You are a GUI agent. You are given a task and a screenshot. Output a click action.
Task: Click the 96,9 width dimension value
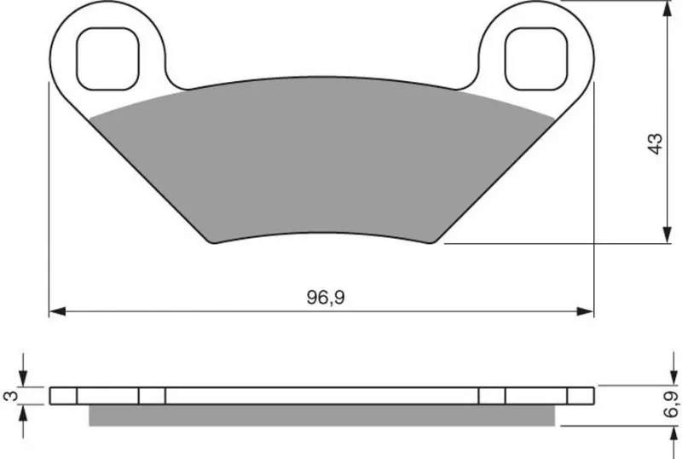(x=326, y=298)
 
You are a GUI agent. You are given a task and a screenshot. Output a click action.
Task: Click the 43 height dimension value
(x=655, y=143)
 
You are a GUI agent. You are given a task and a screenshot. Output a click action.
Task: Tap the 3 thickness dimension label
(x=12, y=395)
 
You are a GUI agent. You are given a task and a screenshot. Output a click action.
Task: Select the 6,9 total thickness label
(x=671, y=404)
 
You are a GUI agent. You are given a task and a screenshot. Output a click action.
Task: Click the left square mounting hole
(x=108, y=59)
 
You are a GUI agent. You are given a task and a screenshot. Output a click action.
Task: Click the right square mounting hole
(x=536, y=59)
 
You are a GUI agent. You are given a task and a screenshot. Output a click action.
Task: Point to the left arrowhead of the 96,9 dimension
(x=57, y=311)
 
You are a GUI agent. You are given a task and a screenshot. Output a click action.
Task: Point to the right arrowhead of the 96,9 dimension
(x=585, y=311)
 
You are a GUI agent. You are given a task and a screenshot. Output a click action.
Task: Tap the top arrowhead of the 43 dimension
(x=667, y=9)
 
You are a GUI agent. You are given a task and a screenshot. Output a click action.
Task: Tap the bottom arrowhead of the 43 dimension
(x=667, y=235)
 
